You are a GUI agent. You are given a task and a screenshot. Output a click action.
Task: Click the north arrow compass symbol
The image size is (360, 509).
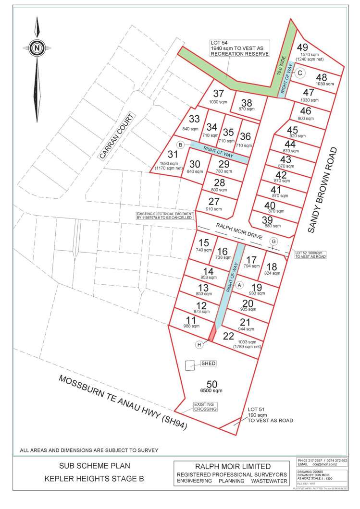[x=37, y=48]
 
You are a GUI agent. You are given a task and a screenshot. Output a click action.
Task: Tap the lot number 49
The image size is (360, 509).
[x=302, y=47]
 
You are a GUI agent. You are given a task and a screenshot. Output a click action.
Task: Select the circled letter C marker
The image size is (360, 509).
[x=299, y=73]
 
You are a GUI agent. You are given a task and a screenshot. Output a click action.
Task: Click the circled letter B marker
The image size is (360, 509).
[x=180, y=145]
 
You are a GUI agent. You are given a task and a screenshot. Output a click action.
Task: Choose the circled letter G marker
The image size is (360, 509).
[x=274, y=241]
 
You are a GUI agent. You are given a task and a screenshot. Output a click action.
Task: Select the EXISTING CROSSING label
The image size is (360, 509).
[x=206, y=407]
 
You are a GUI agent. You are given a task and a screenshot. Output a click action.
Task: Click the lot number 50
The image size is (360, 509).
[x=211, y=384]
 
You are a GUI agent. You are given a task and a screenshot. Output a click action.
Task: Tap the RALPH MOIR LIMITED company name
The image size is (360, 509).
[x=232, y=466]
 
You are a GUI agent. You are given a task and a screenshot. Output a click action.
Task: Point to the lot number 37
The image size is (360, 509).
[x=219, y=94]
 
